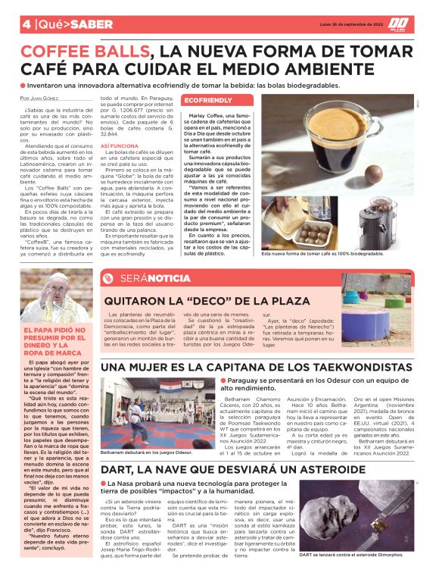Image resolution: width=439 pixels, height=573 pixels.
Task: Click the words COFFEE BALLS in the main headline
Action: tap(86, 52)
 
